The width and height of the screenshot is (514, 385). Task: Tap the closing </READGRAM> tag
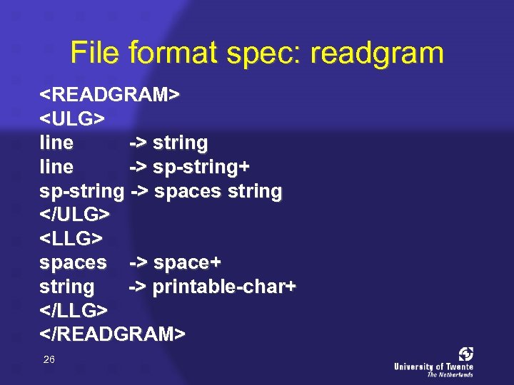coord(113,334)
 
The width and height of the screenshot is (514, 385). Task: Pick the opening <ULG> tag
coord(73,119)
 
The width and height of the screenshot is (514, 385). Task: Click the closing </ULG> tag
coord(75,215)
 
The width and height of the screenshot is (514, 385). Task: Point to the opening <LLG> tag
coord(72,238)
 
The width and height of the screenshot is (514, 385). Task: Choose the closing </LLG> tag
coord(74,310)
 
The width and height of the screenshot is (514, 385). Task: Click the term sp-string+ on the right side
coord(201,167)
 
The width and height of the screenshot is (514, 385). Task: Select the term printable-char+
coord(225,287)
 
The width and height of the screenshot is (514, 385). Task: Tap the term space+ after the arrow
coord(187,262)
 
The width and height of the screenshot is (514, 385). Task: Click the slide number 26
coord(49,360)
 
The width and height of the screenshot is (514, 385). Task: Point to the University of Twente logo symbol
coord(465,354)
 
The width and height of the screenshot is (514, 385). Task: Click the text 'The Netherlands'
coord(450,374)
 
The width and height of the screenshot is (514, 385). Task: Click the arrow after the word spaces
coord(138,262)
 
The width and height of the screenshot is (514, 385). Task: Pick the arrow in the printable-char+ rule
coord(138,287)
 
